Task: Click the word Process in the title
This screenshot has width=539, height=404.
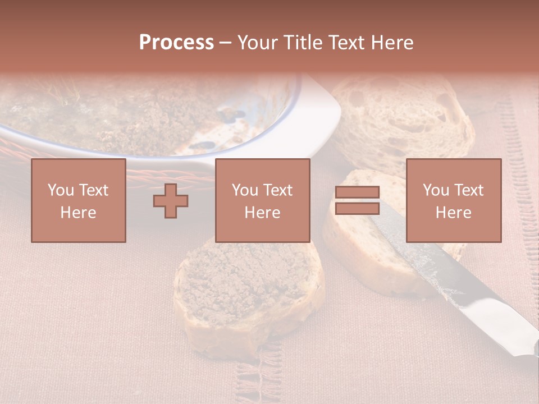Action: coord(176,42)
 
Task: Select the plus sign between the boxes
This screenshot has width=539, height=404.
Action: coord(171,201)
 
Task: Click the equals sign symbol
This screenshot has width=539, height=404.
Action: coord(357,200)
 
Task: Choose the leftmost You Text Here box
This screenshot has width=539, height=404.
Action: coord(79,200)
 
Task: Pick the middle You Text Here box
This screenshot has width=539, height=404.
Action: coord(262,200)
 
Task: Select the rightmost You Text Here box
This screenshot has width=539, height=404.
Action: coord(453,200)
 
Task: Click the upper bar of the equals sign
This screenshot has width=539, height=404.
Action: coord(357,192)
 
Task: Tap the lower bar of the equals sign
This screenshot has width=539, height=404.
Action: coord(357,209)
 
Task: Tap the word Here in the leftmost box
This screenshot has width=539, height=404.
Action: coord(79,213)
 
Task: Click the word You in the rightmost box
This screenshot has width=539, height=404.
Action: coord(436,190)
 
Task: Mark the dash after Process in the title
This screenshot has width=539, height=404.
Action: coord(225,43)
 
